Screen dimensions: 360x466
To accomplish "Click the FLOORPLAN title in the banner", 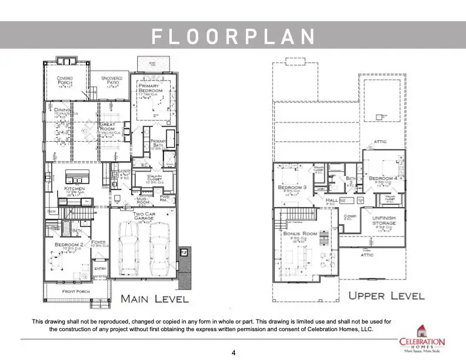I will [233, 36].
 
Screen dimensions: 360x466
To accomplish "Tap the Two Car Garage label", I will [143, 216].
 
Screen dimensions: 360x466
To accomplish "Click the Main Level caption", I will [154, 299].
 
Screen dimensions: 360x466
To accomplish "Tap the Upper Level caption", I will [385, 295].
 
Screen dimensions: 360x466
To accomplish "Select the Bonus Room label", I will [300, 234].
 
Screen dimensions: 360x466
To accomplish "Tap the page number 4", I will [234, 353].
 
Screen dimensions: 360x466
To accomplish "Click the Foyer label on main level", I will [98, 242].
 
